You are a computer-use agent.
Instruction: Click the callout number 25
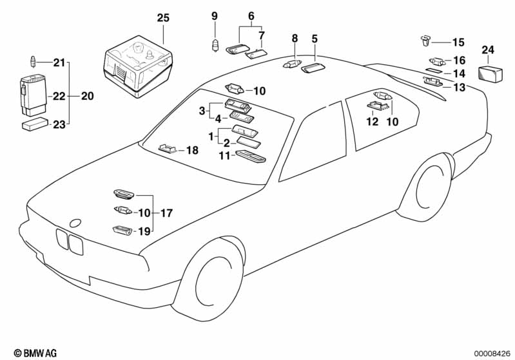164,17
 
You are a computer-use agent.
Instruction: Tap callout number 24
488,50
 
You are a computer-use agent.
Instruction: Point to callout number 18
192,151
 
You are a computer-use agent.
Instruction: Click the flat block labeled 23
34,124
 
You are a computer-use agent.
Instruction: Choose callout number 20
87,97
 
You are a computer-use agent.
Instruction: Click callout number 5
314,39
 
